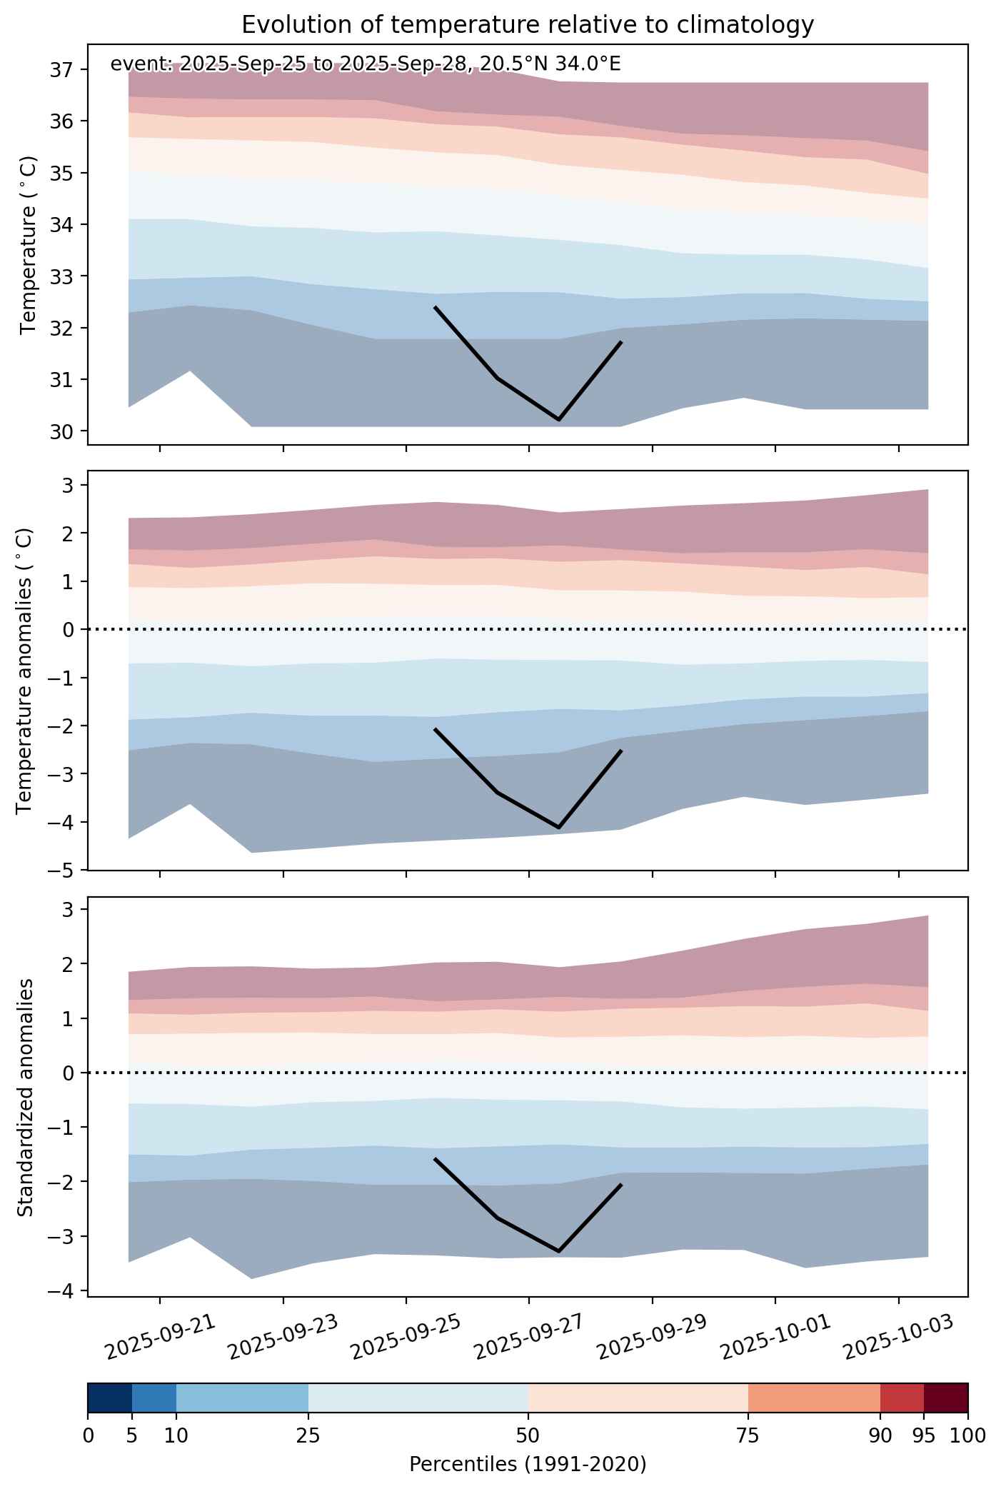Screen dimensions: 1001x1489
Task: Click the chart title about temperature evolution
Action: (x=528, y=25)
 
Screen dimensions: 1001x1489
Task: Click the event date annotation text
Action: (x=366, y=64)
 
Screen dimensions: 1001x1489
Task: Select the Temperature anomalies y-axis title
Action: (x=25, y=671)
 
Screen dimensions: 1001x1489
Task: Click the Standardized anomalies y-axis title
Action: (x=25, y=1096)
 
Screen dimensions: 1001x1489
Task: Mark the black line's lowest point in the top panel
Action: (x=558, y=420)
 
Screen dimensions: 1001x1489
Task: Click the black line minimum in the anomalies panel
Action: (x=558, y=828)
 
